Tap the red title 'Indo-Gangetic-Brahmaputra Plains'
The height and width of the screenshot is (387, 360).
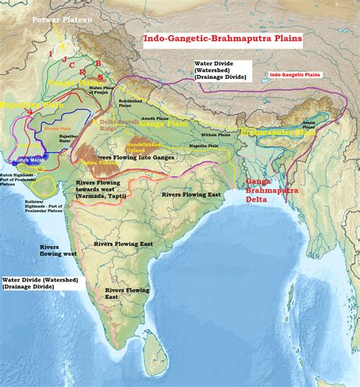click(223, 36)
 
